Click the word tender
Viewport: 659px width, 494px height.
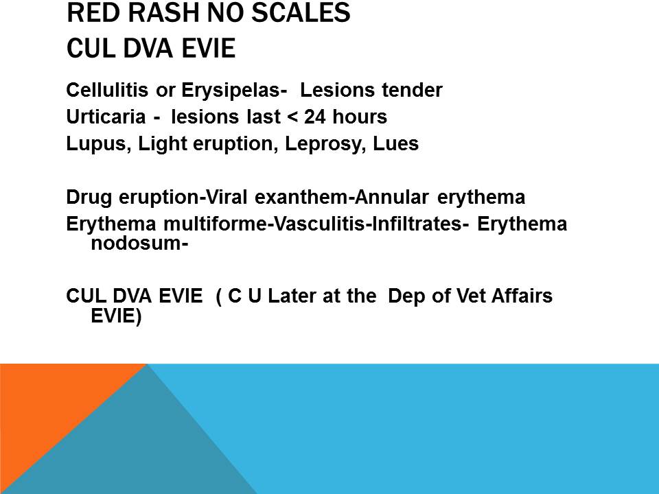[x=410, y=90]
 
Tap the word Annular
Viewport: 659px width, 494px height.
[x=395, y=198]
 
